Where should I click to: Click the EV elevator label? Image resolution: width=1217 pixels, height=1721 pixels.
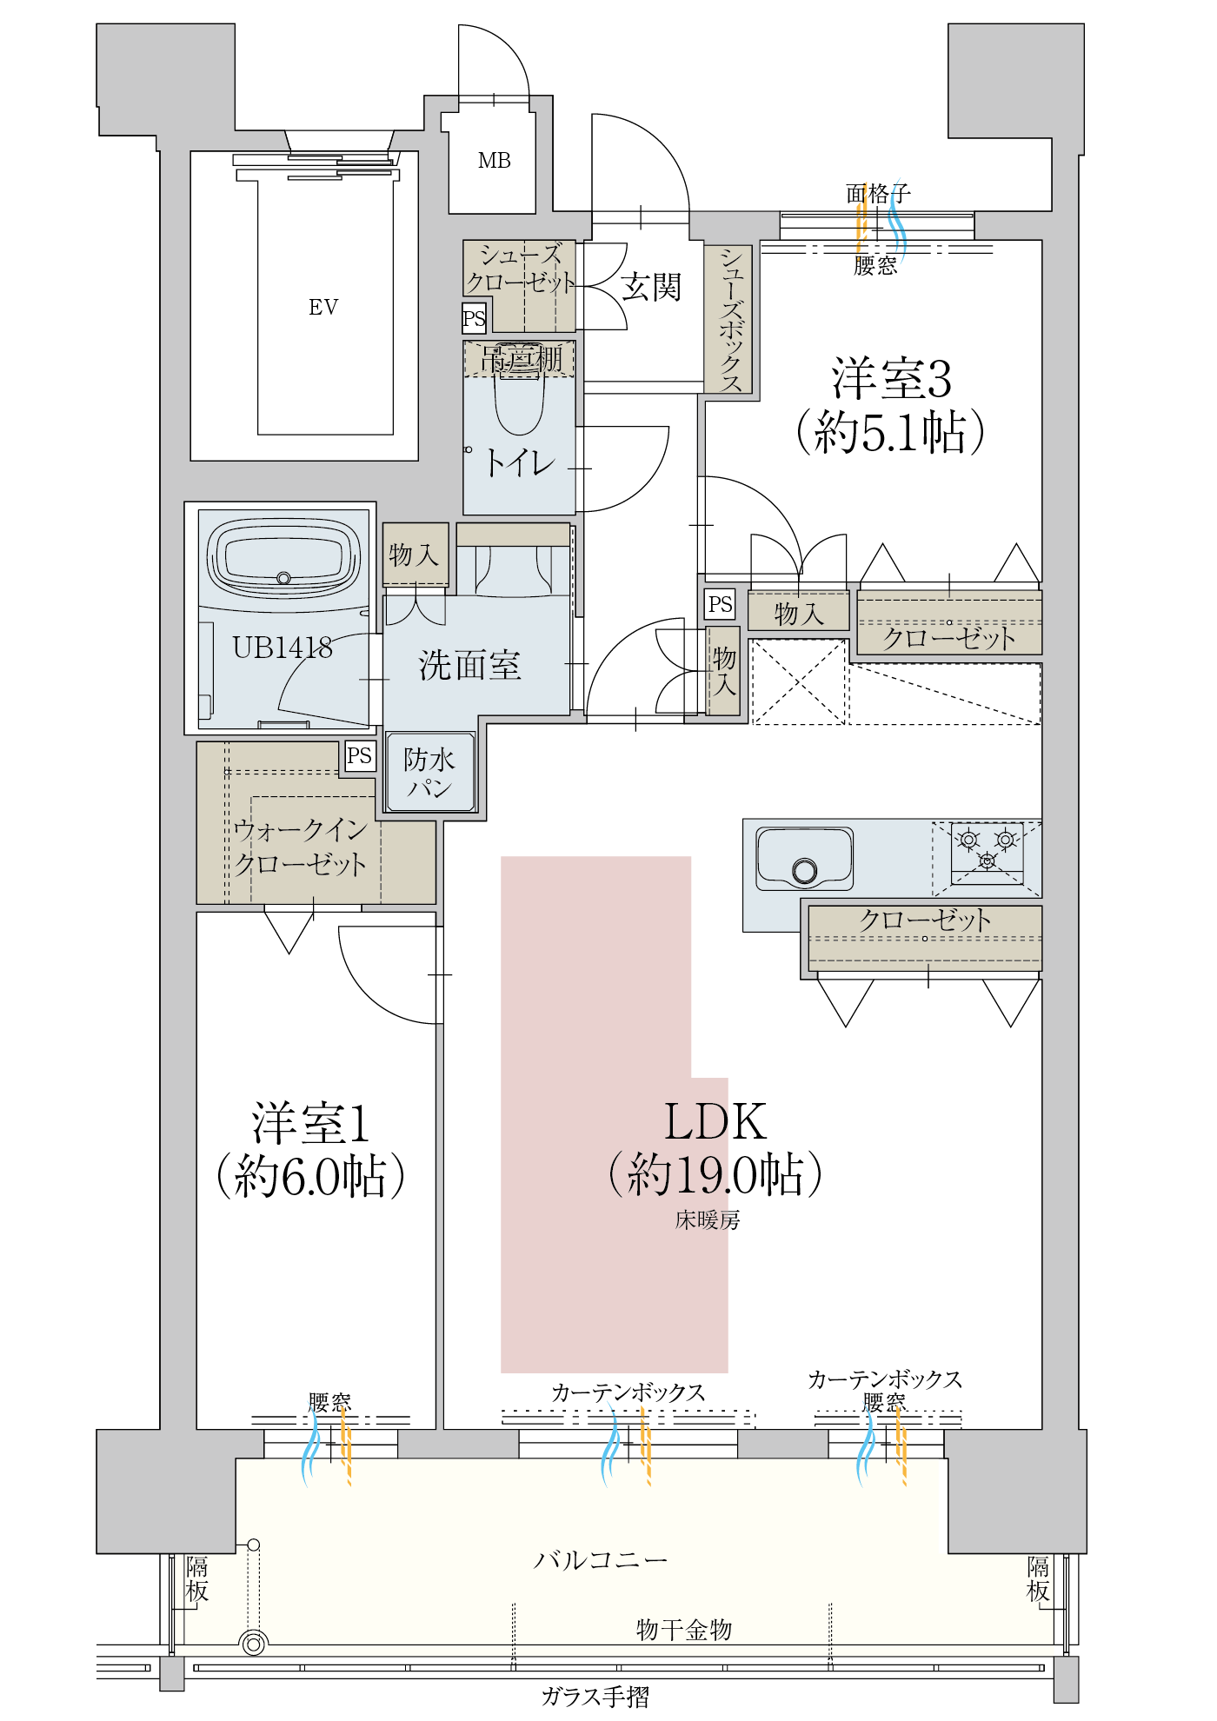[x=323, y=307]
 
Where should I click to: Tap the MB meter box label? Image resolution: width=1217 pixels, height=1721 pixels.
[x=494, y=161]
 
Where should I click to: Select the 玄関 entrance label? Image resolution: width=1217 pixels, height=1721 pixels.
[x=650, y=287]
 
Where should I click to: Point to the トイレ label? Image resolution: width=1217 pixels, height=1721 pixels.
[x=519, y=462]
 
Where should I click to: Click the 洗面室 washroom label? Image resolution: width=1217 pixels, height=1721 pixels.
[x=469, y=665]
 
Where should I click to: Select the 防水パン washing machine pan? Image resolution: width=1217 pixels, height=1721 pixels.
[x=429, y=773]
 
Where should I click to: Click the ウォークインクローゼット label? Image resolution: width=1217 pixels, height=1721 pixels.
[x=300, y=847]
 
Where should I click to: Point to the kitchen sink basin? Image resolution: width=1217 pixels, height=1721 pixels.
[x=804, y=858]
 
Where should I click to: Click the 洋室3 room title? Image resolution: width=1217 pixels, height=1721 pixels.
[x=891, y=379]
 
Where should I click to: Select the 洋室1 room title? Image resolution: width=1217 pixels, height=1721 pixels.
[x=310, y=1123]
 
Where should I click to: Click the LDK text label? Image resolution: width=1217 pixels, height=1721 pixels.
[x=715, y=1121]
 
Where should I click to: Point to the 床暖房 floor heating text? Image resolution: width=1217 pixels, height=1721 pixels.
[x=708, y=1220]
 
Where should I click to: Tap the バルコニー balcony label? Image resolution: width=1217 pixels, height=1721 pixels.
[x=600, y=1560]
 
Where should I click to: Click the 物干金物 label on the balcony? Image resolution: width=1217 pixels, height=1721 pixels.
[x=683, y=1629]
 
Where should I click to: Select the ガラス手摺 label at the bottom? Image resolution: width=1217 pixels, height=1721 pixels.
[x=595, y=1697]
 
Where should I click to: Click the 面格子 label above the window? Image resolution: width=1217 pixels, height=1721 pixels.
[x=877, y=193]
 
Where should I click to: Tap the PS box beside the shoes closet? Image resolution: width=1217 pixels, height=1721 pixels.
[x=474, y=318]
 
